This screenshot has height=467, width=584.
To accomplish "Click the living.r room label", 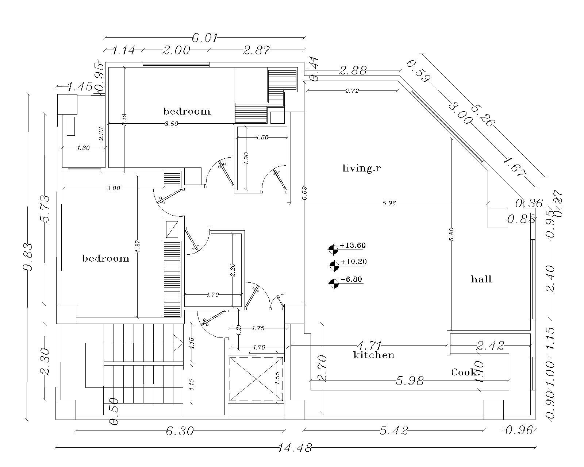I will (x=361, y=168).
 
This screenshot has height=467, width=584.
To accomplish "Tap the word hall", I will (x=481, y=279).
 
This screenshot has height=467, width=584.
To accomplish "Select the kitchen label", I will (x=374, y=355).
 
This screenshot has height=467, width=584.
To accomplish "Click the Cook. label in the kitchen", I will (x=465, y=372).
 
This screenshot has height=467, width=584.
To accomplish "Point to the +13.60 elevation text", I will (x=352, y=245).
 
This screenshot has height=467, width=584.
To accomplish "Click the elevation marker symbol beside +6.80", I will (x=334, y=283).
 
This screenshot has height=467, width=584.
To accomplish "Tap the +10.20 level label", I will (x=353, y=262).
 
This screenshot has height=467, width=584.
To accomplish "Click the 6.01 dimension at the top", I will (x=204, y=38).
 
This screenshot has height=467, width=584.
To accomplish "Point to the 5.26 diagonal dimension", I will (x=483, y=115).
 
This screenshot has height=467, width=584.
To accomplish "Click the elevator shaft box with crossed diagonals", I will (x=256, y=379).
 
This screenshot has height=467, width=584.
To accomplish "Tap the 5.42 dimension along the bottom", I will (x=393, y=431).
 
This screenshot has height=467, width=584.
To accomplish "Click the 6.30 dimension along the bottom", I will (x=179, y=431).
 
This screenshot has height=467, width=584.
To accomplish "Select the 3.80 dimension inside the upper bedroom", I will (x=171, y=124).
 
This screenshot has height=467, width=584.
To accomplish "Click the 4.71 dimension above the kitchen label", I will (x=369, y=345).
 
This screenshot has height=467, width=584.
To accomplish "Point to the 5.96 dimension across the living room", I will (x=389, y=203).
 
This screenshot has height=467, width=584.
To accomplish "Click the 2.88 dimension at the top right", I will (x=353, y=70).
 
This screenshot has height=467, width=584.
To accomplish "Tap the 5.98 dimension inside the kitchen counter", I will (x=410, y=381).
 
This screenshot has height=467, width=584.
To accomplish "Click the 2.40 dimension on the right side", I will (x=551, y=279).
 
